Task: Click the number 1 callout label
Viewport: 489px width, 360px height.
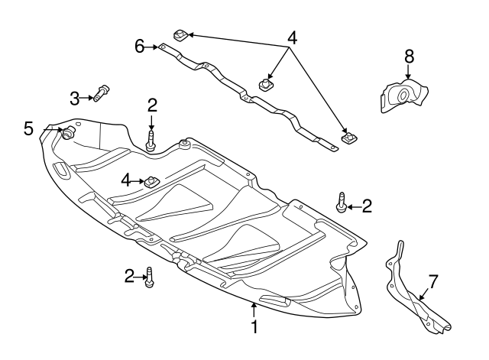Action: [x=254, y=327]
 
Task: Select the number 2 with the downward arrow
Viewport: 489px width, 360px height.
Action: [x=152, y=105]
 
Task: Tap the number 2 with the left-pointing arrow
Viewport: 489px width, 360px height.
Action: [x=367, y=205]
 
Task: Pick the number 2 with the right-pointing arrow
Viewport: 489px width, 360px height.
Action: [x=129, y=275]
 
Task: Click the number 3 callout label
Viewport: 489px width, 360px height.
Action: [x=75, y=98]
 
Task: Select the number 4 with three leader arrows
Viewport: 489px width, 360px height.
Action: [x=291, y=37]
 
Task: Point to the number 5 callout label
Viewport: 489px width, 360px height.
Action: [x=28, y=128]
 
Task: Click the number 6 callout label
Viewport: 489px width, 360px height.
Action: [x=139, y=47]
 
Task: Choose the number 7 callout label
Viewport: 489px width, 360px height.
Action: [x=432, y=281]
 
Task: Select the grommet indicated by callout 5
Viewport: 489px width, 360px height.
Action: [x=67, y=133]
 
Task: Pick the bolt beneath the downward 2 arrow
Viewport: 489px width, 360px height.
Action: [x=151, y=141]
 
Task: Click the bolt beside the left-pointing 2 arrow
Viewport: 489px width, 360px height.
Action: [x=341, y=203]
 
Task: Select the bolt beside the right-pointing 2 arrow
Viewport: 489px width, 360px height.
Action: [x=150, y=278]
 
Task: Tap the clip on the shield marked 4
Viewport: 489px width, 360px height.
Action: [x=151, y=181]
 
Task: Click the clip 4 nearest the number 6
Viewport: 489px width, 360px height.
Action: [x=181, y=34]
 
